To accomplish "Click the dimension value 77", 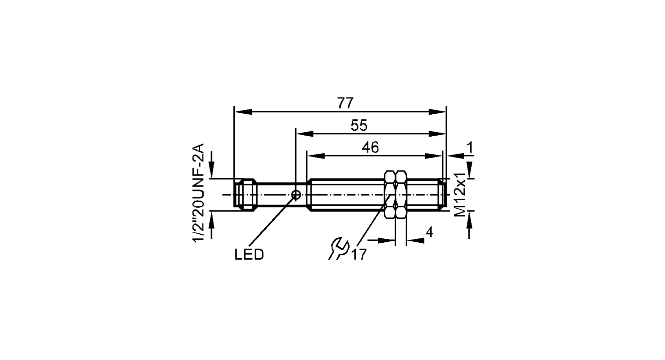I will pyautogui.click(x=345, y=104).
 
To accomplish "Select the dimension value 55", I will pyautogui.click(x=359, y=126).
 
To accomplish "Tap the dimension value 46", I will pyautogui.click(x=370, y=148).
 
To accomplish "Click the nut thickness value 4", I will pyautogui.click(x=429, y=232).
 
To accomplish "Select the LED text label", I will pyautogui.click(x=249, y=255).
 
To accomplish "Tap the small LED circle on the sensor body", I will pyautogui.click(x=296, y=195).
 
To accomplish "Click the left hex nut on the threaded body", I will pyautogui.click(x=390, y=194).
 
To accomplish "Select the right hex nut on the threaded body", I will pyautogui.click(x=401, y=194).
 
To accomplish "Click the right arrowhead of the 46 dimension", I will pyautogui.click(x=434, y=156).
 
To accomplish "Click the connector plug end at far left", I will pyautogui.click(x=245, y=195).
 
